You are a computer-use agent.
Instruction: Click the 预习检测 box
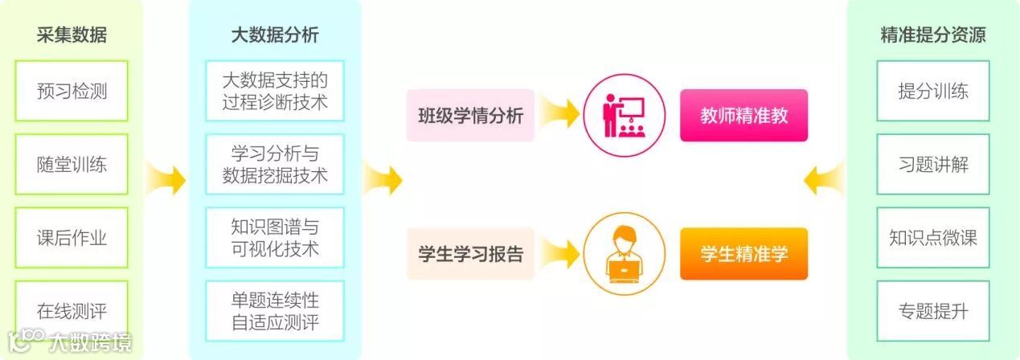pyautogui.click(x=72, y=91)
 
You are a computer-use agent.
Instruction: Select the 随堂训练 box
pyautogui.click(x=72, y=165)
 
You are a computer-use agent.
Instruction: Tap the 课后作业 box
pyautogui.click(x=72, y=238)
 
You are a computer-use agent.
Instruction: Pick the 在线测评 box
pyautogui.click(x=72, y=311)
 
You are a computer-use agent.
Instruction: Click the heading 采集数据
pyautogui.click(x=72, y=35)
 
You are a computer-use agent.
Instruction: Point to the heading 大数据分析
pyautogui.click(x=275, y=35)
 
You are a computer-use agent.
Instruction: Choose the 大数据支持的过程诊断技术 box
pyautogui.click(x=275, y=91)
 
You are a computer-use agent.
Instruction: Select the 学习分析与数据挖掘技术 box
pyautogui.click(x=275, y=165)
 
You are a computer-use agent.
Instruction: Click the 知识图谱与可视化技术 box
pyautogui.click(x=275, y=238)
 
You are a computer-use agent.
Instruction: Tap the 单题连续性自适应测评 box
pyautogui.click(x=275, y=311)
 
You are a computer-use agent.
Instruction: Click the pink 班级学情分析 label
pyautogui.click(x=470, y=116)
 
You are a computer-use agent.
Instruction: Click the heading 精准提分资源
pyautogui.click(x=933, y=35)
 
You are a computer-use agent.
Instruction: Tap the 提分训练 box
pyautogui.click(x=933, y=91)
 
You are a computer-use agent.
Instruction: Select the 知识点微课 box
pyautogui.click(x=933, y=238)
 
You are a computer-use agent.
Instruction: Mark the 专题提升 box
pyautogui.click(x=933, y=311)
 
